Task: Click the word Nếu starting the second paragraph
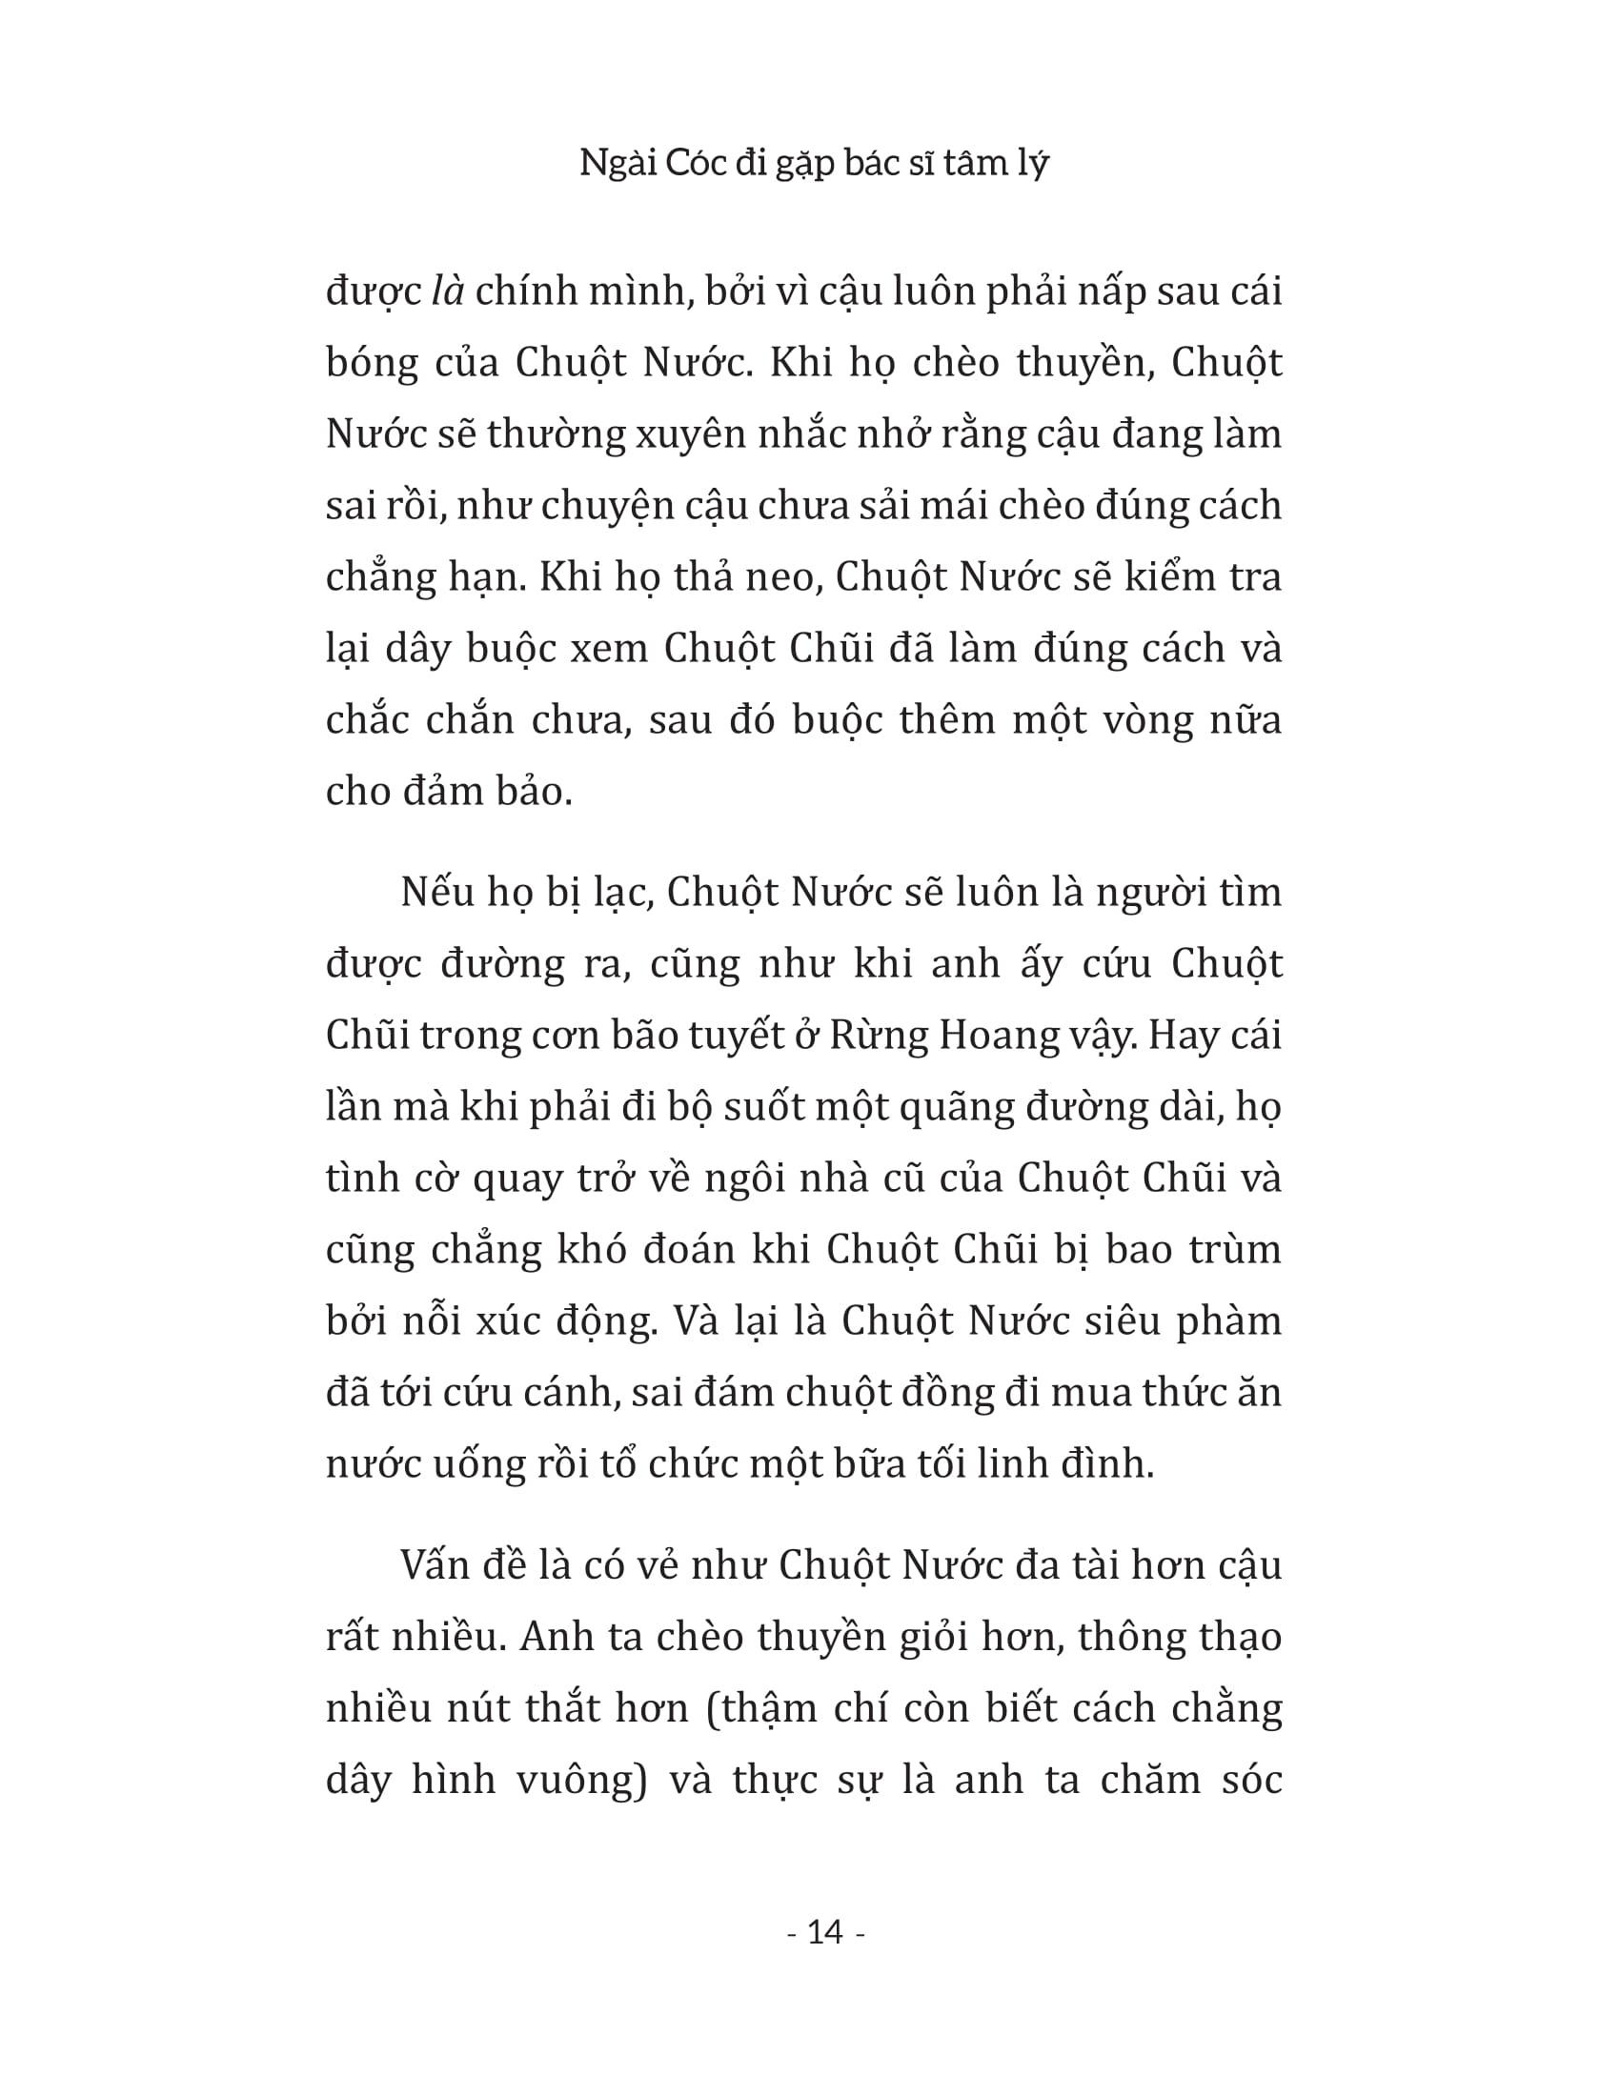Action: tap(437, 893)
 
